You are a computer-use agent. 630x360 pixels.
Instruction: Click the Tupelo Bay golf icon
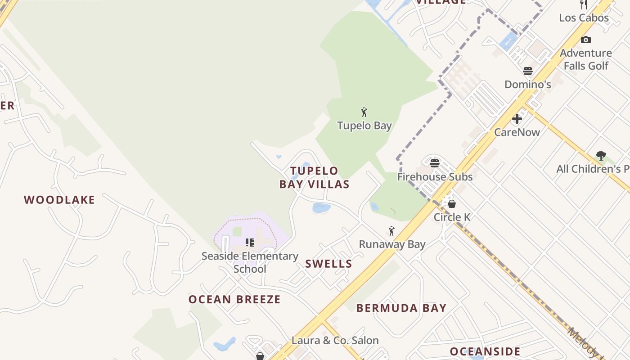click(x=364, y=112)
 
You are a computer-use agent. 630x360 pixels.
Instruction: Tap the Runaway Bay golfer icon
click(x=391, y=231)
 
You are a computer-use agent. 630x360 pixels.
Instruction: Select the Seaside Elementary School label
click(x=250, y=262)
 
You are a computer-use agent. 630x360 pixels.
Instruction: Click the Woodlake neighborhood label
click(x=59, y=200)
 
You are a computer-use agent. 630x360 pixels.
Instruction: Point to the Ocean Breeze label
click(x=234, y=299)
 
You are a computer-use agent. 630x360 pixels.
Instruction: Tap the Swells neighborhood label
click(x=328, y=264)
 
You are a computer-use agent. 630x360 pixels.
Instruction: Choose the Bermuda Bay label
click(x=401, y=308)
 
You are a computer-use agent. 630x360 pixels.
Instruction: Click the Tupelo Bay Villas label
click(x=314, y=177)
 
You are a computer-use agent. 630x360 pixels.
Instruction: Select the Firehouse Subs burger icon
click(x=434, y=163)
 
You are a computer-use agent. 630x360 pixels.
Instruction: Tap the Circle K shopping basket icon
click(x=452, y=203)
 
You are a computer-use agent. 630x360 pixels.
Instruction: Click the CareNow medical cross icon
click(x=517, y=119)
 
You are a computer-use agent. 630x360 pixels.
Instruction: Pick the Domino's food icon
click(x=528, y=71)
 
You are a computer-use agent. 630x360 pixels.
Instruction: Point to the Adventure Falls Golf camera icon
click(x=585, y=40)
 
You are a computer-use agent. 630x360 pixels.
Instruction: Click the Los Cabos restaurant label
click(x=584, y=18)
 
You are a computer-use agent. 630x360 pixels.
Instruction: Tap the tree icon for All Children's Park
click(x=601, y=156)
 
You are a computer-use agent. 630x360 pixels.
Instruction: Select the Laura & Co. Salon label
click(x=335, y=340)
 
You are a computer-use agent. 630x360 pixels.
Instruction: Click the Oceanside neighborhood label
click(x=485, y=351)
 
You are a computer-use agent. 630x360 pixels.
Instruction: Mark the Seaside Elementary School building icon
click(x=250, y=243)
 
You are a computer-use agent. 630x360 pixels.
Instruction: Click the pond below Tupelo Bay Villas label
click(x=321, y=207)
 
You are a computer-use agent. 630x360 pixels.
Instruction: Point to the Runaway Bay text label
click(x=392, y=244)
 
